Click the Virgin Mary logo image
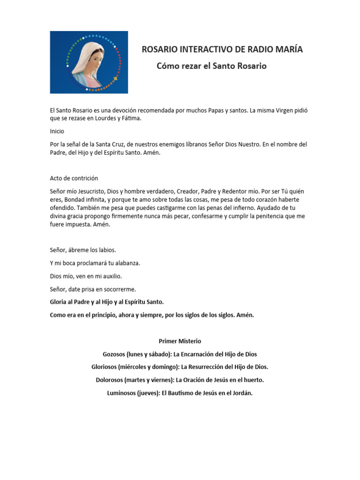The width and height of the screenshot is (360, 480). [x=89, y=62]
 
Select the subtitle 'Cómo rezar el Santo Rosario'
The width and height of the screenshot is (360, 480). [x=211, y=66]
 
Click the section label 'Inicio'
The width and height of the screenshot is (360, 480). [x=57, y=131]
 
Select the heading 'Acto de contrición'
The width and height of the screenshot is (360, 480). [x=74, y=178]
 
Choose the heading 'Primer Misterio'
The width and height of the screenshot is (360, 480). [x=180, y=341]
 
